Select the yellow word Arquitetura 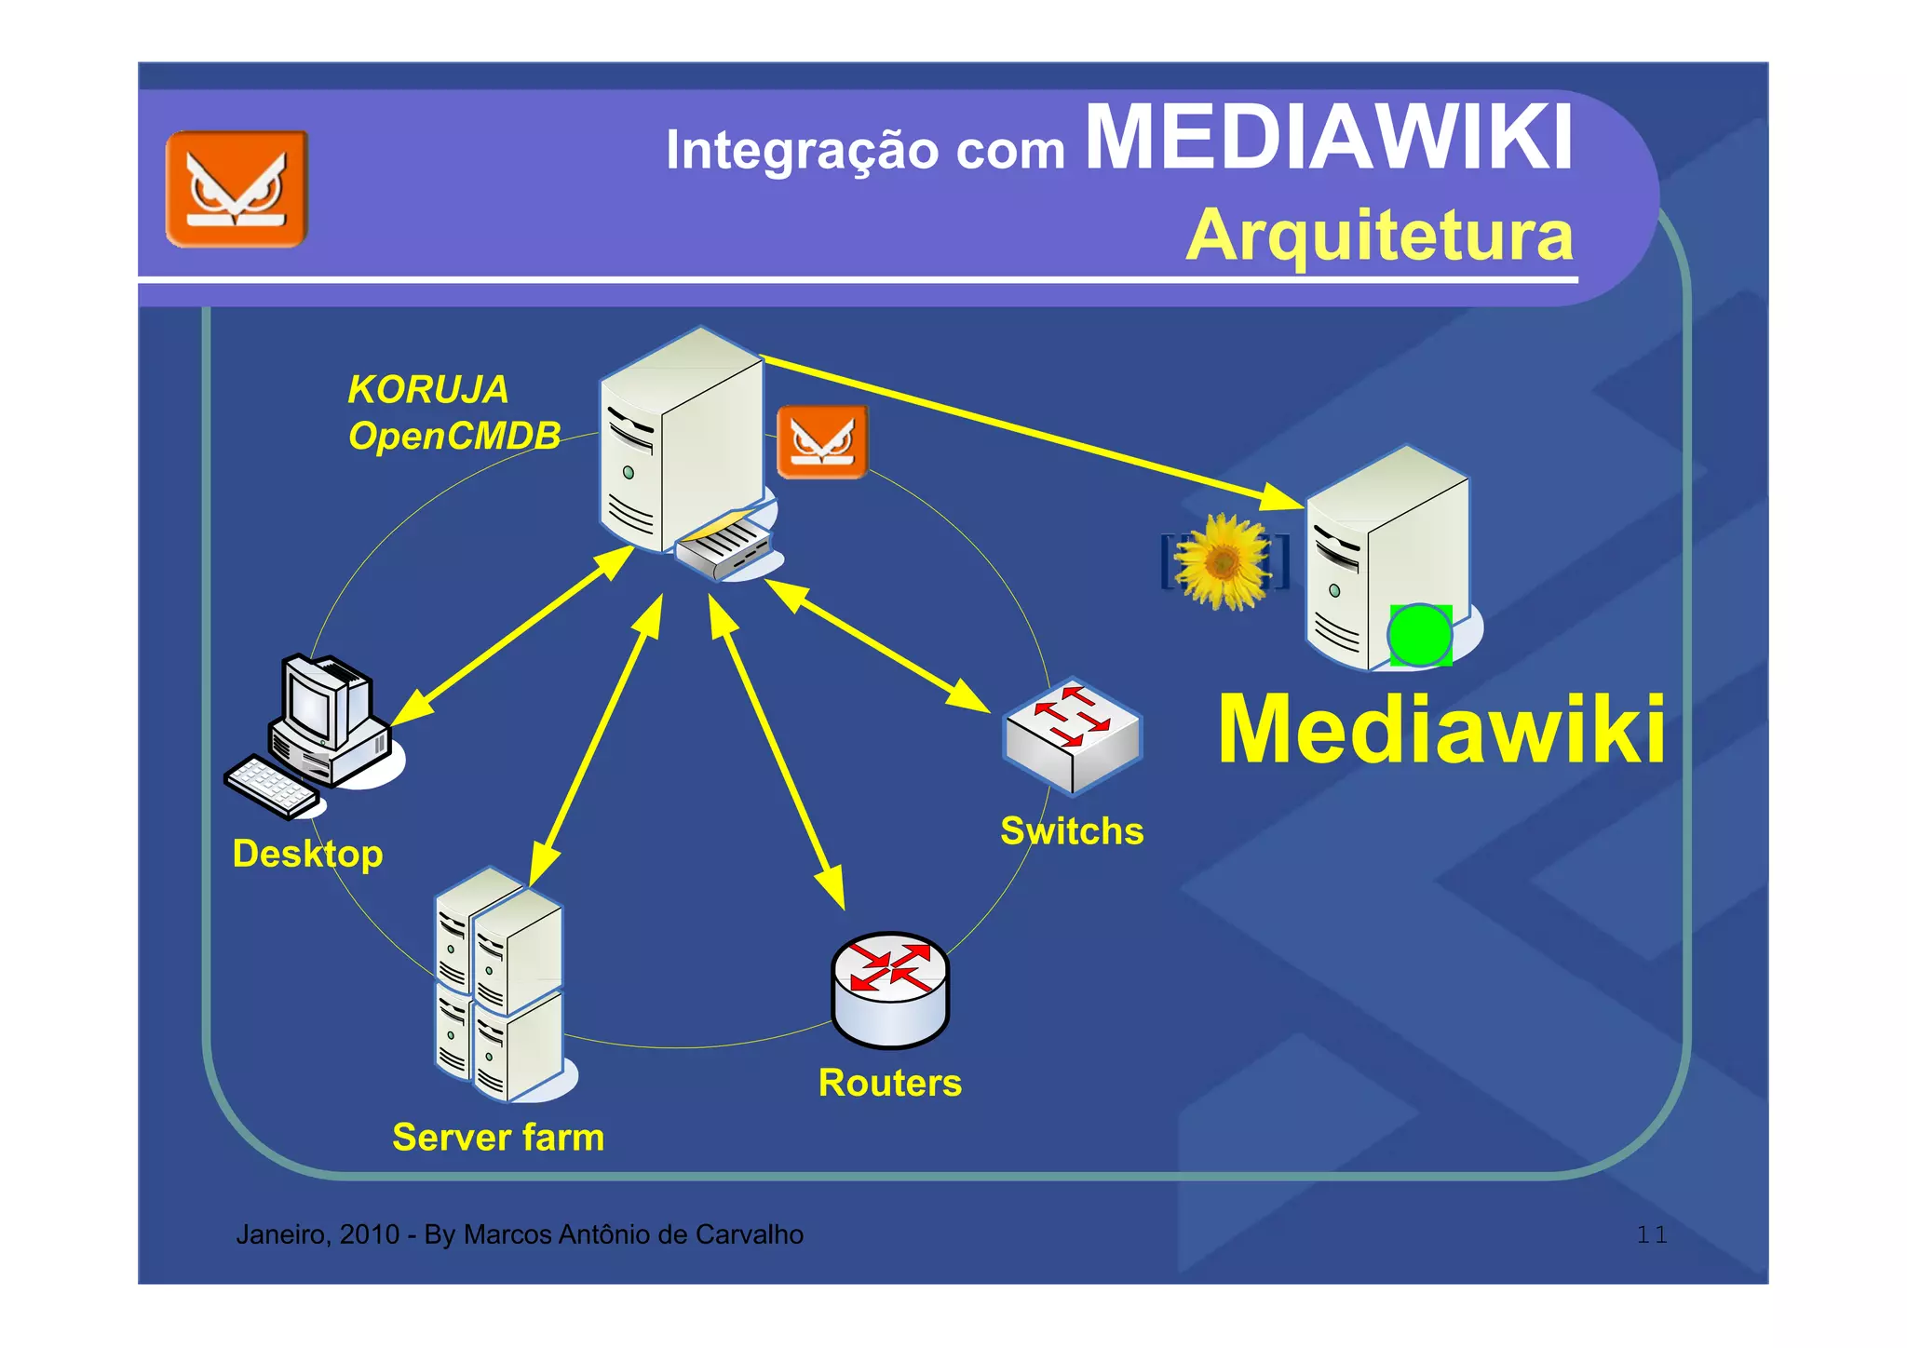(x=1379, y=235)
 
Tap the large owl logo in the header (x=237, y=189)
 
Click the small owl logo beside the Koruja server (x=821, y=441)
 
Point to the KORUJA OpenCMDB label (x=453, y=412)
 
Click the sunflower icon (x=1223, y=561)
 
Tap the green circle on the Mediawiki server (x=1419, y=635)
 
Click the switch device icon (x=1072, y=735)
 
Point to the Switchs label (x=1072, y=831)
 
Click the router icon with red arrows (x=889, y=989)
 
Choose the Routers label (x=889, y=1083)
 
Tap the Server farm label (x=498, y=1138)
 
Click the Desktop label (x=307, y=854)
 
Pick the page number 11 (x=1651, y=1235)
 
